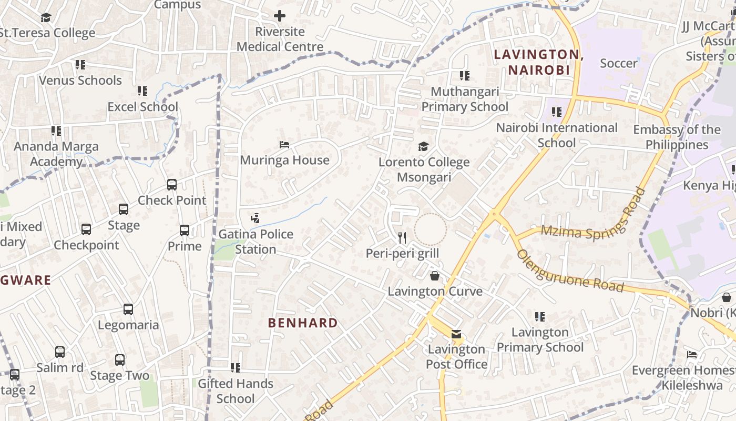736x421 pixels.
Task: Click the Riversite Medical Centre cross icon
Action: click(x=280, y=16)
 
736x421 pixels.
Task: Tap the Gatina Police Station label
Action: click(x=255, y=242)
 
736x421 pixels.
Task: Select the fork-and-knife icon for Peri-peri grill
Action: click(x=402, y=238)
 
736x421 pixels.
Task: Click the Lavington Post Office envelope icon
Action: click(x=456, y=334)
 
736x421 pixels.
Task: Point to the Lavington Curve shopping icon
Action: click(x=435, y=276)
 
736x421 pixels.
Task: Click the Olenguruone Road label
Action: click(x=570, y=272)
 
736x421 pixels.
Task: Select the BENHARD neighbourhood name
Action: click(x=303, y=323)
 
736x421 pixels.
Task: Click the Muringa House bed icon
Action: click(x=284, y=145)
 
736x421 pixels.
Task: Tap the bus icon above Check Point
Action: click(x=172, y=185)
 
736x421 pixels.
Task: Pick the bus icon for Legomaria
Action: click(x=128, y=309)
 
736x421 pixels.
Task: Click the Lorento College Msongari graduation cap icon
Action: click(x=423, y=146)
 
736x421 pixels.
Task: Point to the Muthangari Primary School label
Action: click(x=465, y=99)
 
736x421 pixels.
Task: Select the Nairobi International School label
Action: click(x=557, y=135)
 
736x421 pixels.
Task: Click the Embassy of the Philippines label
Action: click(x=677, y=137)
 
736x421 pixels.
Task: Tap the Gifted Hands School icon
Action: click(x=236, y=367)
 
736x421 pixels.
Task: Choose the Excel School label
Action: click(x=142, y=107)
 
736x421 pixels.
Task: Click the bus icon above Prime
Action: click(x=184, y=230)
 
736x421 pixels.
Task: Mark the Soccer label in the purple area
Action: click(x=618, y=64)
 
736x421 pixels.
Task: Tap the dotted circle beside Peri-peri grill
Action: click(x=430, y=229)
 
